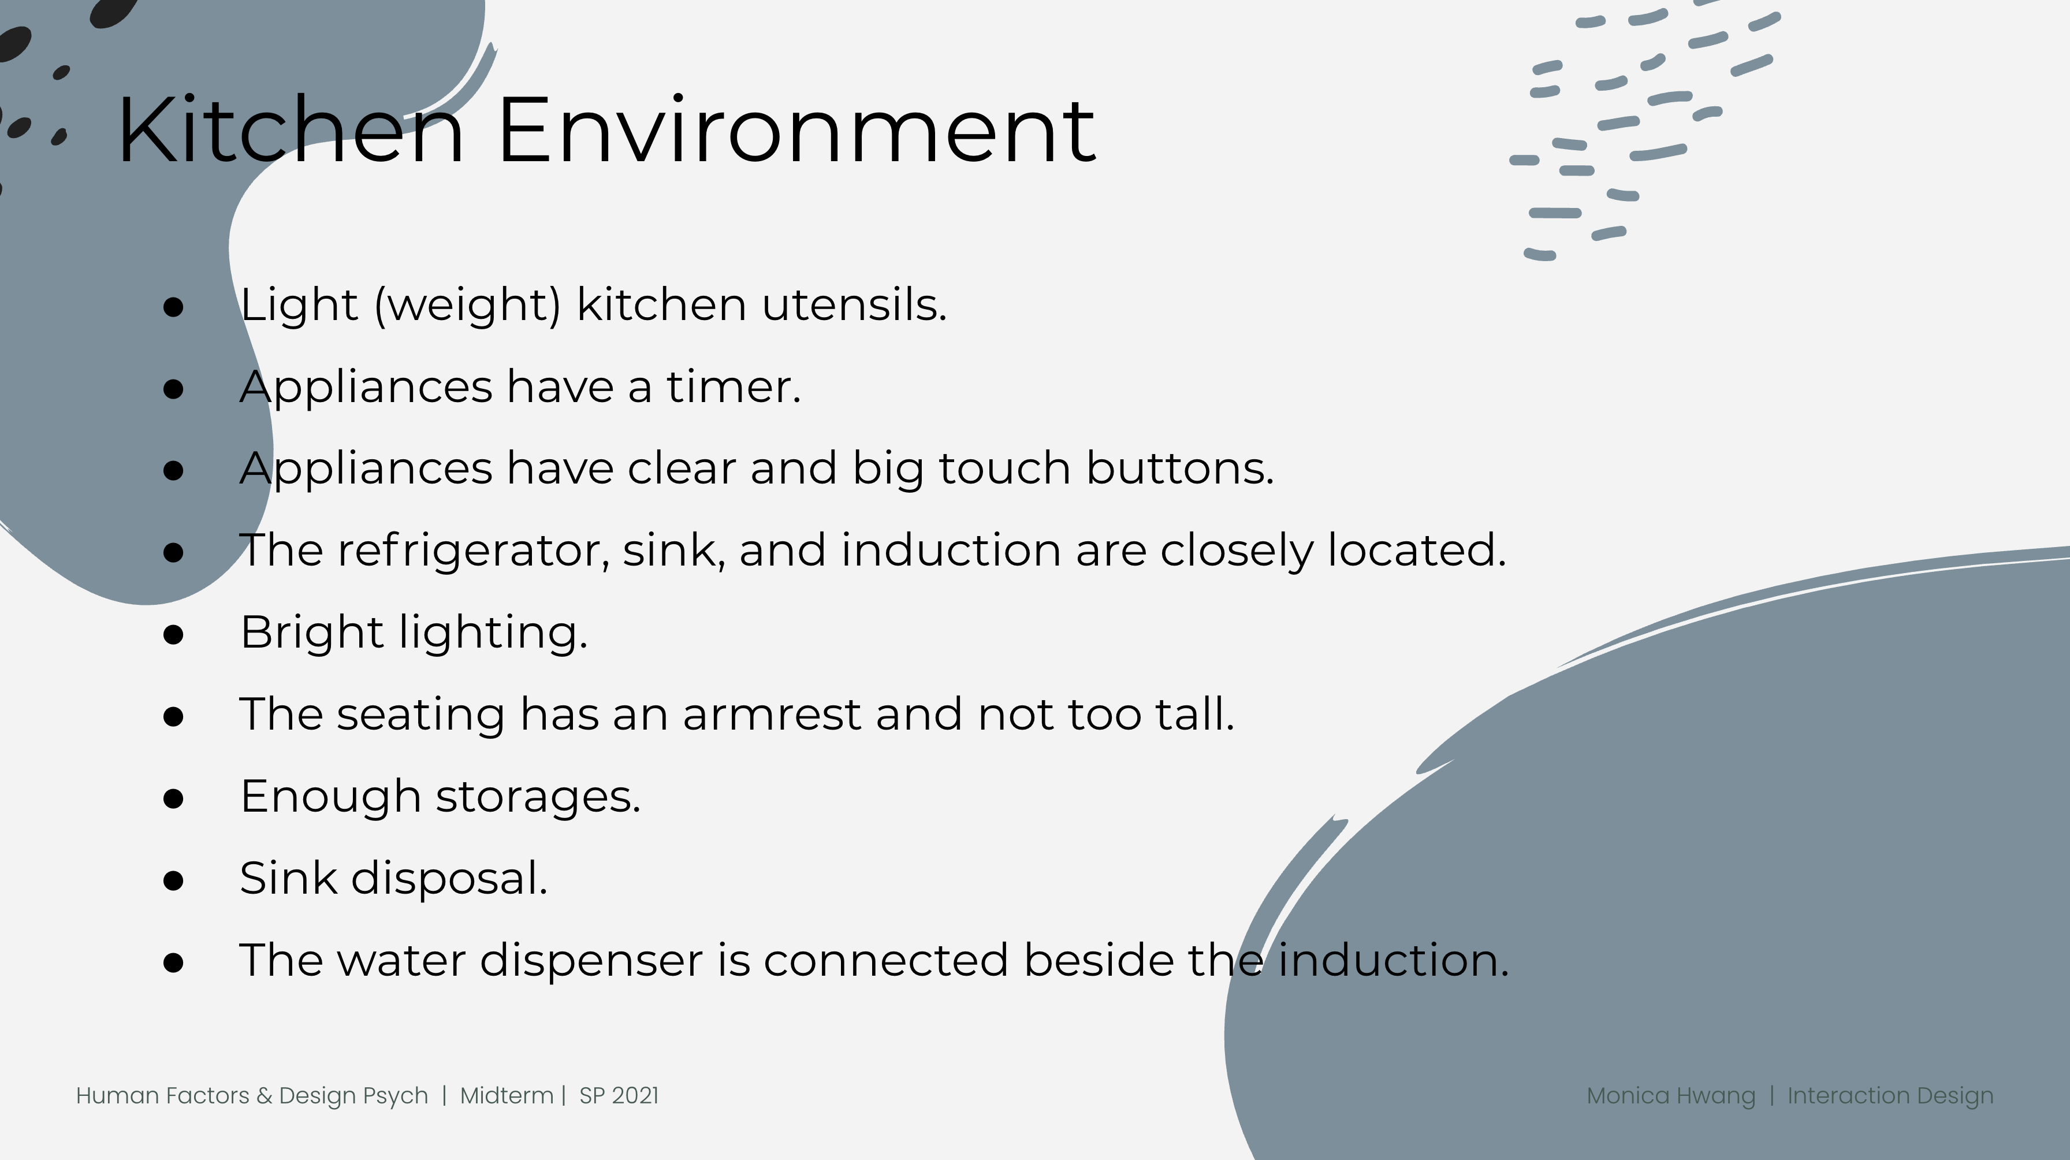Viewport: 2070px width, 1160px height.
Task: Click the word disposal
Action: click(449, 878)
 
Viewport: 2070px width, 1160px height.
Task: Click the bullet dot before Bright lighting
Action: click(173, 634)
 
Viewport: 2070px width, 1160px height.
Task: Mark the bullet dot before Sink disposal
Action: click(173, 880)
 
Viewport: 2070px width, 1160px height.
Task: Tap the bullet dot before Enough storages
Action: click(173, 798)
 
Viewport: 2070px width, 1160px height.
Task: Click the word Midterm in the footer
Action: click(507, 1096)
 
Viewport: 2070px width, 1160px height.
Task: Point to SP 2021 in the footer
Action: click(619, 1096)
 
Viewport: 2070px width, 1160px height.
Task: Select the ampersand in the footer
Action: click(265, 1096)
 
